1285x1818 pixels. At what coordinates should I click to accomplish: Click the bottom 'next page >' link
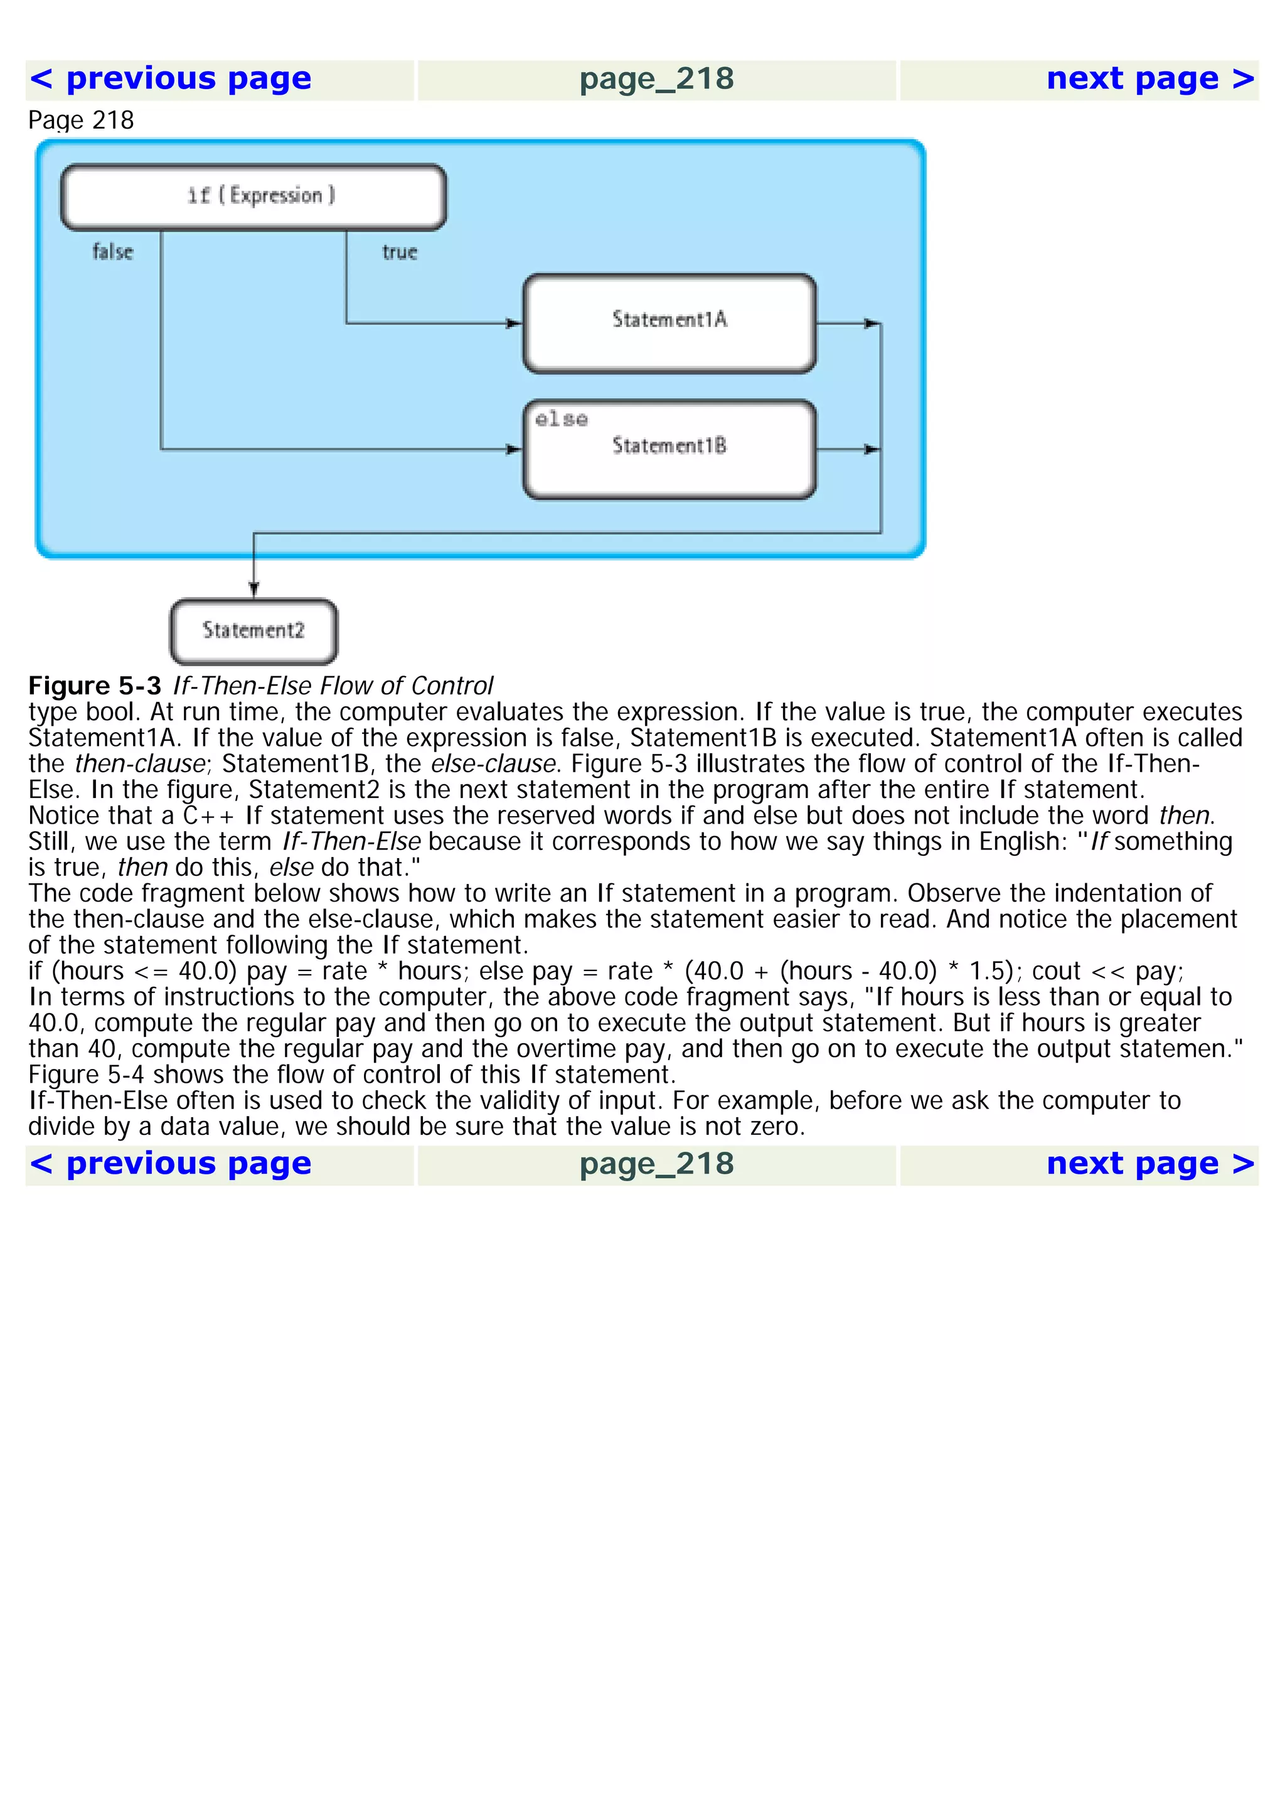click(1149, 1164)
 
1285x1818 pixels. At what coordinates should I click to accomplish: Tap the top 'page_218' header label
click(656, 79)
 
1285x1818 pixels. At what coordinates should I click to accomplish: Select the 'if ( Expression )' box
click(253, 196)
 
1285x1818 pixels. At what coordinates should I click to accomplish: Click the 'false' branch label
click(112, 252)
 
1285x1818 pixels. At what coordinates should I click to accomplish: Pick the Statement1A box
click(669, 323)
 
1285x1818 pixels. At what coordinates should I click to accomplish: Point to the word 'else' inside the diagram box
click(562, 419)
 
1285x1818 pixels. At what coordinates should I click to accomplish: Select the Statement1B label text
click(669, 446)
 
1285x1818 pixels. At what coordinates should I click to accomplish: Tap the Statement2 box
click(253, 631)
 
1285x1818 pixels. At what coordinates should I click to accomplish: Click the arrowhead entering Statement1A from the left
click(515, 323)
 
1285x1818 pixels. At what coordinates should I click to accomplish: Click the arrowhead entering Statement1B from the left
click(515, 450)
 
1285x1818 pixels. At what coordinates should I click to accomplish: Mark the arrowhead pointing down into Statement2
click(253, 588)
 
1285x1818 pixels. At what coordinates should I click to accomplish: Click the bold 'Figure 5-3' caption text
click(95, 686)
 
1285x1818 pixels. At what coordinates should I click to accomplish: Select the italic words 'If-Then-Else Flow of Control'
click(333, 686)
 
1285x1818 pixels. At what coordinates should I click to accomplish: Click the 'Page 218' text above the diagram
click(81, 120)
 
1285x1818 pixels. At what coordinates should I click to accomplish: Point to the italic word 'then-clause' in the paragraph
click(140, 764)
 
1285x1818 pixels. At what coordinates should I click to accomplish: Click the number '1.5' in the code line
click(988, 972)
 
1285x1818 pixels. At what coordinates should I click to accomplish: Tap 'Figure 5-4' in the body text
click(87, 1075)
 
